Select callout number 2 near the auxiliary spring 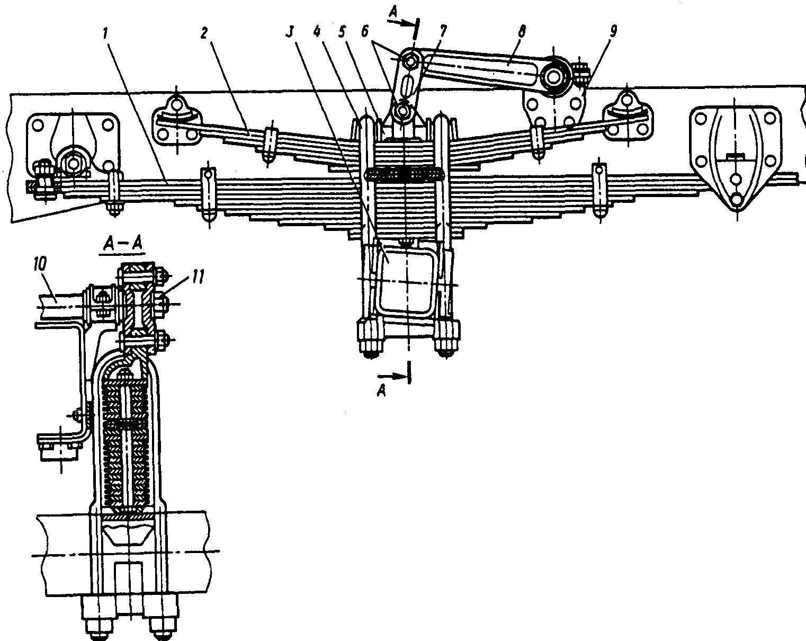(203, 32)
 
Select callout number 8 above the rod (522, 32)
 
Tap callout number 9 (612, 31)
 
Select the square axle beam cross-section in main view (406, 279)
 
